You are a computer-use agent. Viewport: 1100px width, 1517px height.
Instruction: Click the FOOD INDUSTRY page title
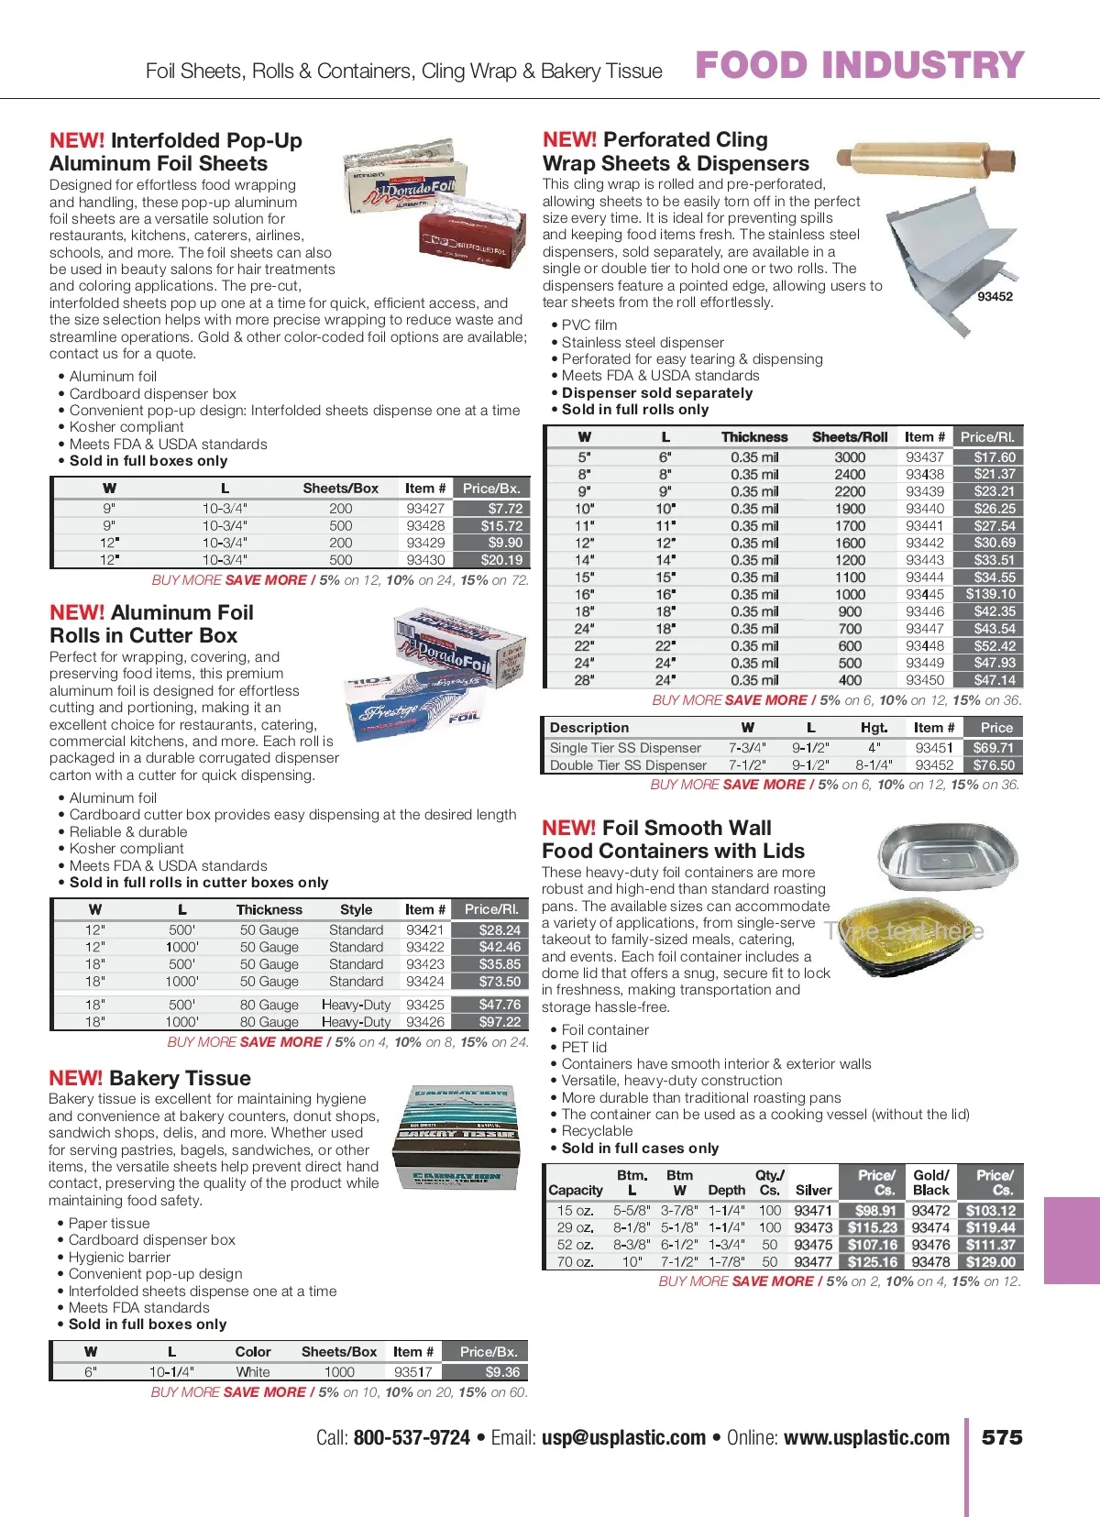tap(859, 65)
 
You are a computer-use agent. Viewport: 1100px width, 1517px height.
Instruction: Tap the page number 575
tap(1002, 1437)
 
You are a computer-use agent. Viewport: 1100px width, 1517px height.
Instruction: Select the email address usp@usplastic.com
tap(623, 1437)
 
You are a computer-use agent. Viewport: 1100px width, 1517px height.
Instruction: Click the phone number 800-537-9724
tap(412, 1437)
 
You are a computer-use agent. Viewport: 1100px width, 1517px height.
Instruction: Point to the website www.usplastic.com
tap(866, 1437)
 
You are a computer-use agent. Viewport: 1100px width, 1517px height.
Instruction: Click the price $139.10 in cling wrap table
tap(990, 594)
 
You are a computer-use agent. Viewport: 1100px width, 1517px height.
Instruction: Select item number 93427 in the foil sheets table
tap(425, 508)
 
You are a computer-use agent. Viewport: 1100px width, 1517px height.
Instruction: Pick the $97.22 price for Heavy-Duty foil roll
tap(500, 1021)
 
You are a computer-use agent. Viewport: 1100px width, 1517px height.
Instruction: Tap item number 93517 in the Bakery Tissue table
tap(413, 1372)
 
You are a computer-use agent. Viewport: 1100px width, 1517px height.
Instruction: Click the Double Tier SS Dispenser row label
tap(628, 764)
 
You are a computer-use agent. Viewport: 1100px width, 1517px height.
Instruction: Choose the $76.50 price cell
tap(994, 764)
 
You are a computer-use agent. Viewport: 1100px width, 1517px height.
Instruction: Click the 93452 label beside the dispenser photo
tap(995, 296)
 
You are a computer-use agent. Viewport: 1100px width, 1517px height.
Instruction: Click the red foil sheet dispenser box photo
tap(473, 240)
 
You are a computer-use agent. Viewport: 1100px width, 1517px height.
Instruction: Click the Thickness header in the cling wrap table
tap(753, 437)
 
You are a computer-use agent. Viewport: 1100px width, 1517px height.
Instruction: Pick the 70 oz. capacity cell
tap(576, 1261)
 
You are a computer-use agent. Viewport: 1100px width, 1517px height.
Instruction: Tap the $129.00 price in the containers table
tap(990, 1261)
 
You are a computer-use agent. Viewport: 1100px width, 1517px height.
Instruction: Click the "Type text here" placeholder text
tap(904, 931)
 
